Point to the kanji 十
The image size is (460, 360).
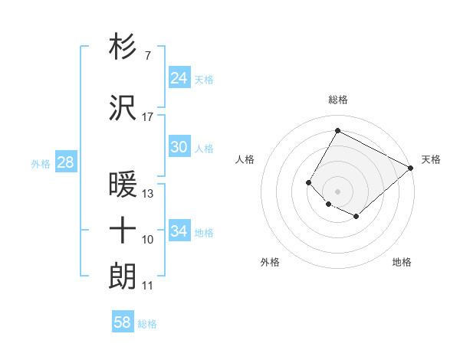pyautogui.click(x=123, y=230)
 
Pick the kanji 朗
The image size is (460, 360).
pyautogui.click(x=123, y=274)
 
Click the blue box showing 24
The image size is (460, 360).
pyautogui.click(x=179, y=78)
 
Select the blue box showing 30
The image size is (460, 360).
pyautogui.click(x=179, y=147)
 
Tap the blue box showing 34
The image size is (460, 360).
pyautogui.click(x=179, y=231)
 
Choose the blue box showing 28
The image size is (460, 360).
pyautogui.click(x=64, y=162)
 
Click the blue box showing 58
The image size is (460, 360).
pyautogui.click(x=122, y=323)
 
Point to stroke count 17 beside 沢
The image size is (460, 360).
pyautogui.click(x=147, y=117)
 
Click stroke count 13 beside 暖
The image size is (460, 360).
pyautogui.click(x=148, y=194)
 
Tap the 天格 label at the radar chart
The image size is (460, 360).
pyautogui.click(x=431, y=159)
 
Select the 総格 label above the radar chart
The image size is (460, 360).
pyautogui.click(x=337, y=100)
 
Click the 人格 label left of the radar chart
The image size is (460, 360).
pyautogui.click(x=245, y=159)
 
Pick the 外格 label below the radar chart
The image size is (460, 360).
pyautogui.click(x=270, y=262)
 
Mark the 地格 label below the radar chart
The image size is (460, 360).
pyautogui.click(x=402, y=262)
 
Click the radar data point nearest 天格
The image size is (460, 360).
pyautogui.click(x=411, y=168)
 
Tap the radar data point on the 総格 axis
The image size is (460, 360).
pyautogui.click(x=337, y=130)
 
